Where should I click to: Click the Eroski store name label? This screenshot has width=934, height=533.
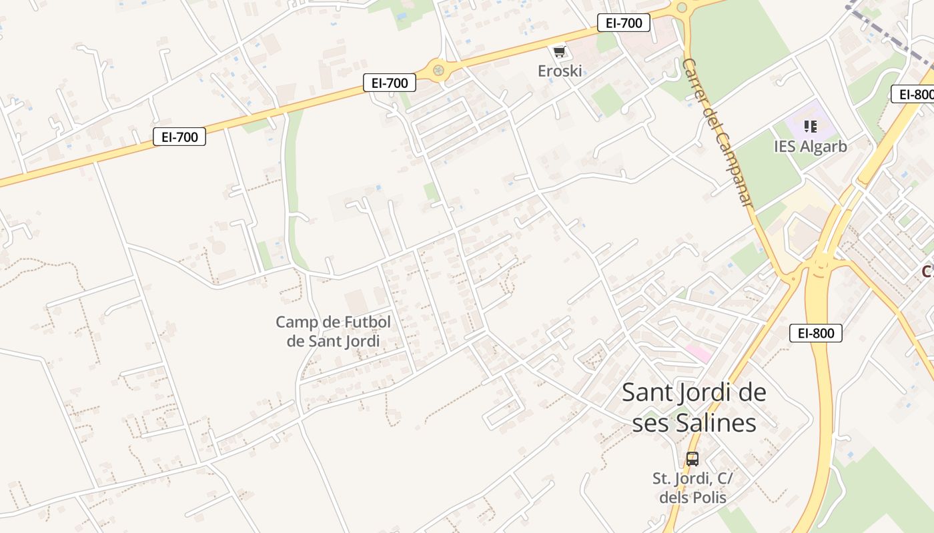click(560, 71)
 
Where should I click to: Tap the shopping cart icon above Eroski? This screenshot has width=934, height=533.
click(559, 52)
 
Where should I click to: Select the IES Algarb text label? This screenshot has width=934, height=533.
click(810, 146)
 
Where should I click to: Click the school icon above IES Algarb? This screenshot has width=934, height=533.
click(811, 126)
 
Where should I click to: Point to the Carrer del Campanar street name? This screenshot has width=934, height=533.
click(717, 133)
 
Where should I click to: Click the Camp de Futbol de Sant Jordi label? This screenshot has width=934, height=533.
click(333, 332)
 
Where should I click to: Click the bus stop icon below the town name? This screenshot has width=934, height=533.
click(692, 459)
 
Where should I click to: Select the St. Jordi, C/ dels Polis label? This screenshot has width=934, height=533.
click(692, 488)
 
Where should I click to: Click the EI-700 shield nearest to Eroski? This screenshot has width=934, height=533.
click(623, 23)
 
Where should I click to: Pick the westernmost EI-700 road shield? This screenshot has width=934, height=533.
click(179, 137)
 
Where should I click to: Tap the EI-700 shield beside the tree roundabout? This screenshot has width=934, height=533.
click(390, 83)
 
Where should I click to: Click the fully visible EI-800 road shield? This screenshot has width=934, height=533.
click(815, 333)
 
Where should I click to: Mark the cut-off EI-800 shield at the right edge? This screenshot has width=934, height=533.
click(913, 94)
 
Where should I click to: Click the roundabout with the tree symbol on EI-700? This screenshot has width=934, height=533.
click(438, 69)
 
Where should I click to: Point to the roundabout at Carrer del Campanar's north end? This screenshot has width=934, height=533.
click(681, 8)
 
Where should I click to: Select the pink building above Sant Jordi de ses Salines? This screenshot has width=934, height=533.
click(698, 352)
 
